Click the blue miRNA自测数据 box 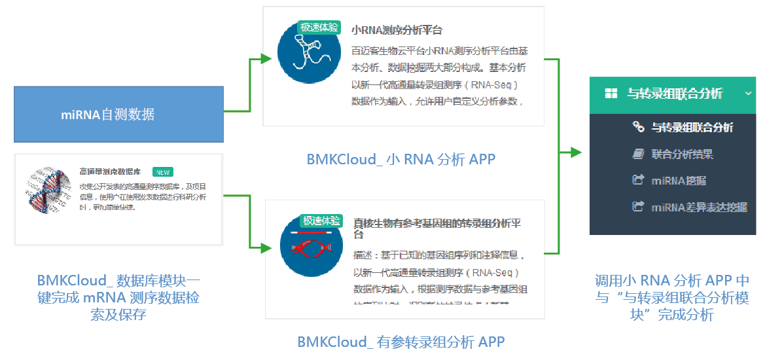point(118,115)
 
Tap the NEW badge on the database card point(162,172)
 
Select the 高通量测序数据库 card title point(110,172)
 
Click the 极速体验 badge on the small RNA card point(319,27)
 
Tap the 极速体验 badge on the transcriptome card point(321,221)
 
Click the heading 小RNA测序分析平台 point(397,30)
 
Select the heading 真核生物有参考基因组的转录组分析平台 point(437,224)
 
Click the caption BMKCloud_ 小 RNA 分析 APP point(401,159)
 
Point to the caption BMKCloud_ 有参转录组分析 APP point(401,342)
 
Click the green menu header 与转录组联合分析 point(674,94)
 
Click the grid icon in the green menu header point(611,94)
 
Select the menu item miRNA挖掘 point(679,181)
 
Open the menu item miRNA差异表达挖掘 point(699,207)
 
